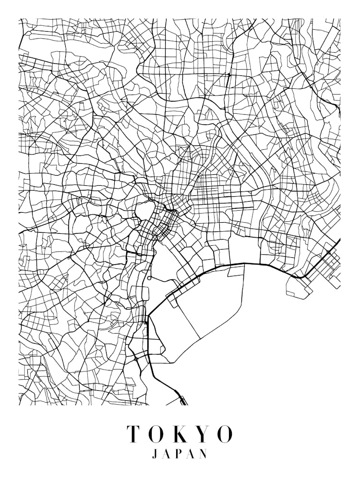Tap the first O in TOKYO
point(156,434)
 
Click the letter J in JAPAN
point(155,454)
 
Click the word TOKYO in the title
point(180,434)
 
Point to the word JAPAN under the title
point(180,454)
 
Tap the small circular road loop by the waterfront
point(150,278)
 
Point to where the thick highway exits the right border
point(339,240)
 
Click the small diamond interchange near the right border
point(329,252)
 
